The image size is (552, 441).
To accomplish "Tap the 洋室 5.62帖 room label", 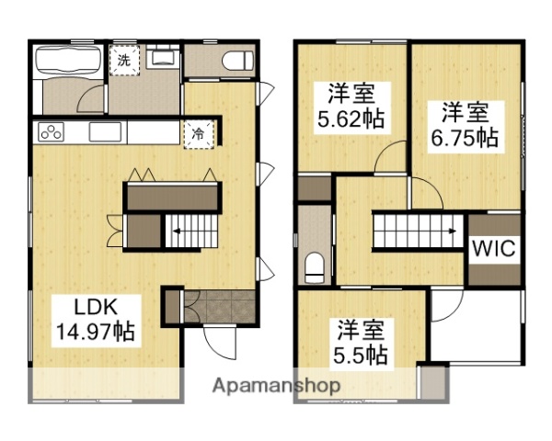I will pos(351,107).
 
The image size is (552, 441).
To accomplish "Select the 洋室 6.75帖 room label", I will pos(465,126).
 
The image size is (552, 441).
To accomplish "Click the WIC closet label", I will pos(494,248).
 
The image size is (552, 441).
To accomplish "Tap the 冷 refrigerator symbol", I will pos(199,132).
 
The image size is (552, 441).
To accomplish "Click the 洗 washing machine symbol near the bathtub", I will pos(123,61).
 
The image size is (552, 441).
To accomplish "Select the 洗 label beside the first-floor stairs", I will pos(112,223).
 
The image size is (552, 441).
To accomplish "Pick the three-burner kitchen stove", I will pos(54,132).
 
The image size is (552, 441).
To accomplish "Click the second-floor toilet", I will pos(315,267).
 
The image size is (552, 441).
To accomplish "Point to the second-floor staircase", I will pos(417,231).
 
